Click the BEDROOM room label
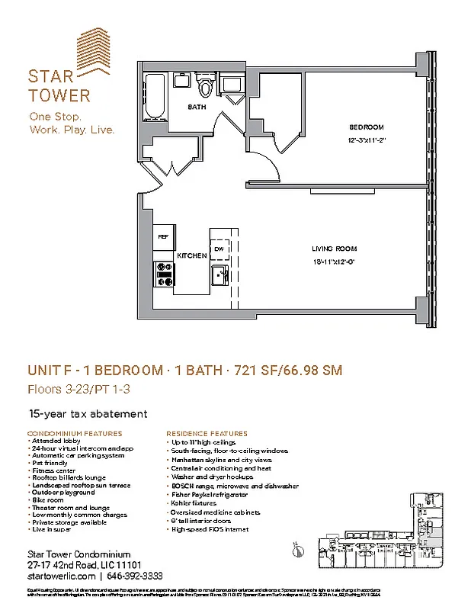[x=366, y=127]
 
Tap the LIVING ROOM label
[x=334, y=249]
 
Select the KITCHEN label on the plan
[x=191, y=255]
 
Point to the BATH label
[x=197, y=108]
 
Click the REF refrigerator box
[x=163, y=237]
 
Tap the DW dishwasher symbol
[x=219, y=248]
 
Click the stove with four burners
[x=163, y=274]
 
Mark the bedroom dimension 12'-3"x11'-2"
[x=366, y=141]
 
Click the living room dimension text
[x=334, y=262]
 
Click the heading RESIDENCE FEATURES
[x=207, y=433]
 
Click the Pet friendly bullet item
[x=50, y=462]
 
